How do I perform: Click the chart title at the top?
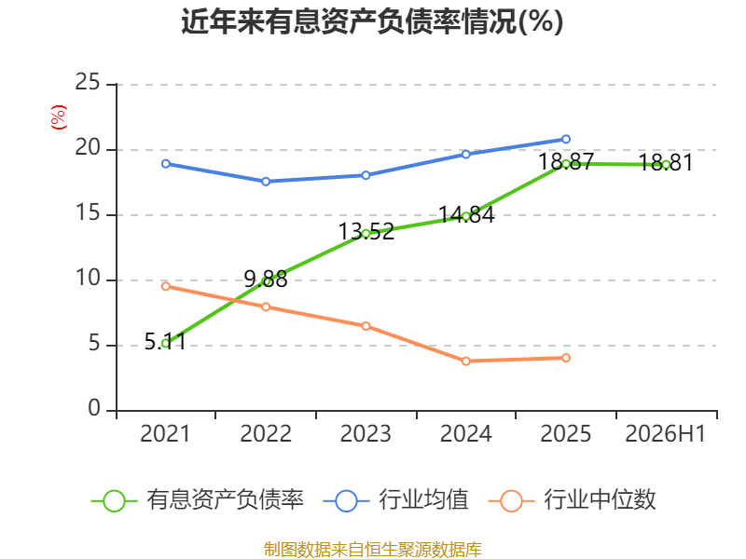click(372, 21)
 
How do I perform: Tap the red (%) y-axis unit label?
click(59, 117)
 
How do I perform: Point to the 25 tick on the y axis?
click(88, 82)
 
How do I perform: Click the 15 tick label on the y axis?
click(88, 213)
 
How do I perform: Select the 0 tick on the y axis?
click(94, 408)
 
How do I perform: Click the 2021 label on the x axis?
click(165, 433)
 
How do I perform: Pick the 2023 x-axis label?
click(366, 433)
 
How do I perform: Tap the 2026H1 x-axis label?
click(665, 433)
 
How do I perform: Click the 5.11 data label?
click(165, 341)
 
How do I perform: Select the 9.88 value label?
click(266, 279)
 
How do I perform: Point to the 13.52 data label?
click(366, 231)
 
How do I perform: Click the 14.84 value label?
click(466, 215)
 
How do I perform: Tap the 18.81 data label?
click(666, 162)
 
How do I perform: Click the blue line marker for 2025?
click(566, 139)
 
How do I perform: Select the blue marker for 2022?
click(266, 182)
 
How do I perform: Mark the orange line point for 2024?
click(465, 361)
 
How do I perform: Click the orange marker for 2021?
click(166, 286)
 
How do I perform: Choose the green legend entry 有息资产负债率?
click(198, 500)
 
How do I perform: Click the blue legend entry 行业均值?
click(395, 500)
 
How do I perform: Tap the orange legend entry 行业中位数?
click(573, 500)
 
